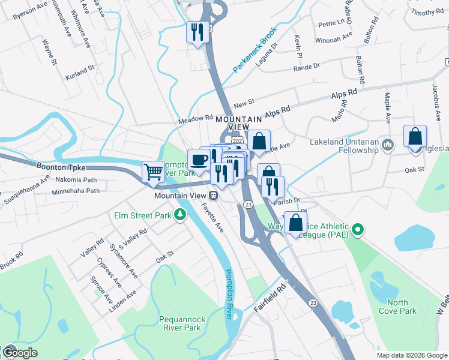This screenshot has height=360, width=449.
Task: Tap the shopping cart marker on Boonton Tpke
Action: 153,171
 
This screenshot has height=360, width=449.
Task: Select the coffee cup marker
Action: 199,159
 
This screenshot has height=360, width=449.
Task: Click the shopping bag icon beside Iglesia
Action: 415,136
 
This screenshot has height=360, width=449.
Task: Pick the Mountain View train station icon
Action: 213,196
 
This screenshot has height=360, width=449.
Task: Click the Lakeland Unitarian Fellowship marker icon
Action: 388,144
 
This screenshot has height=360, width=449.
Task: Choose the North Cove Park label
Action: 397,307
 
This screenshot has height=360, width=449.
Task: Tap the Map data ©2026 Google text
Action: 412,355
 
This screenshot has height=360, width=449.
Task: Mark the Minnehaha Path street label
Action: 76,191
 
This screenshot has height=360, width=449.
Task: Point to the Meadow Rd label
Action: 195,121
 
